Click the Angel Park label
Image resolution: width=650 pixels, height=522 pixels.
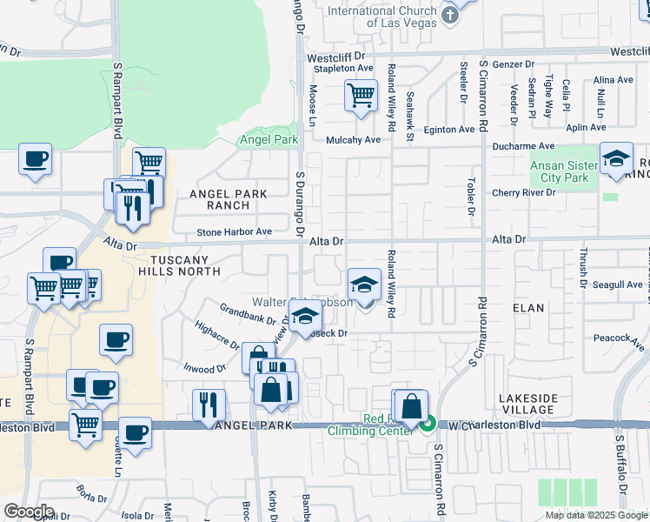click(269, 139)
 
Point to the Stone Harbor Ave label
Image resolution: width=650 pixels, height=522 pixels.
click(235, 232)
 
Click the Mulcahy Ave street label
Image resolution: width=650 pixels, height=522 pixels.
click(354, 140)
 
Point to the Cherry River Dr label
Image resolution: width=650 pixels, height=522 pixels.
click(523, 192)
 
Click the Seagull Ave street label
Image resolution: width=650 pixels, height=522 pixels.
click(617, 284)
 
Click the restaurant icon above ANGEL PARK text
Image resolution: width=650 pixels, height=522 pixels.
click(209, 404)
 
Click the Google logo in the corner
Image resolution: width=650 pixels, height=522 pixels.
click(28, 512)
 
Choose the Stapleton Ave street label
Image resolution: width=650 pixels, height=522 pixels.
click(343, 68)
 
